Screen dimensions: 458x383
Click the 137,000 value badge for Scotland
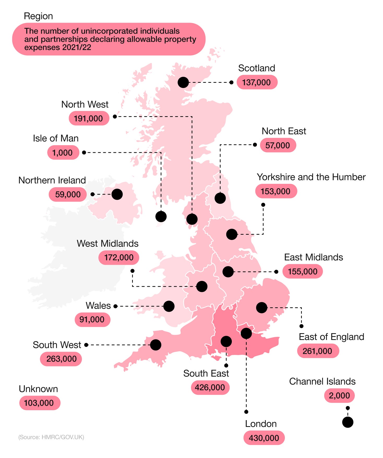[257, 82]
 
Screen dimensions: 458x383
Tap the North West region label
[85, 104]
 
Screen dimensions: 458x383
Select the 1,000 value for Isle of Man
[63, 152]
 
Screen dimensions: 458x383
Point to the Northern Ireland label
[52, 180]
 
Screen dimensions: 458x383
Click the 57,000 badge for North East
[278, 145]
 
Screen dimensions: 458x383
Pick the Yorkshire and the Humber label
[311, 177]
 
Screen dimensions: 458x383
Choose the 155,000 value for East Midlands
[302, 272]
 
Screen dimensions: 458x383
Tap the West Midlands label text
[107, 243]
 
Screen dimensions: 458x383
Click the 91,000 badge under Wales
[92, 319]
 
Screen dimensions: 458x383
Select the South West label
[57, 345]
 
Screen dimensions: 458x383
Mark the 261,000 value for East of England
[317, 351]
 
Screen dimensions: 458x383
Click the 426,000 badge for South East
[210, 387]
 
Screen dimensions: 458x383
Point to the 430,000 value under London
[264, 438]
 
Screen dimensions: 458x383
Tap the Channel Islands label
[322, 381]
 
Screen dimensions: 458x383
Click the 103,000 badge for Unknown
[39, 403]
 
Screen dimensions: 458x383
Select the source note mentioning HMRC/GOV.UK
[51, 437]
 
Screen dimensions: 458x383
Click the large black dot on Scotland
[183, 83]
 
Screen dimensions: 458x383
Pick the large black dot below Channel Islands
[347, 422]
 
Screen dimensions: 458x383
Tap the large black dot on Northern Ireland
[117, 194]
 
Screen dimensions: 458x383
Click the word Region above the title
[38, 16]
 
